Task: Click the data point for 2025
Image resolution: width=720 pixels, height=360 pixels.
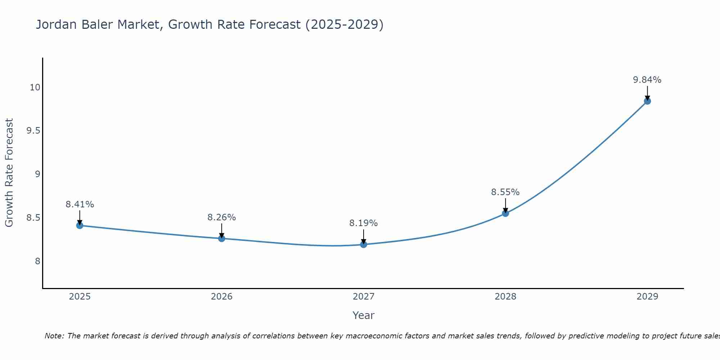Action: pyautogui.click(x=80, y=226)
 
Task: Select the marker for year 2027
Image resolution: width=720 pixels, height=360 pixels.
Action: pyautogui.click(x=364, y=245)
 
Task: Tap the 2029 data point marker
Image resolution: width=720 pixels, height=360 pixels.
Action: pyautogui.click(x=647, y=101)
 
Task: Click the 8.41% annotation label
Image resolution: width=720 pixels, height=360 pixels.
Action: pyautogui.click(x=80, y=204)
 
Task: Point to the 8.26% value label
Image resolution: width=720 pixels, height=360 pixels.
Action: pyautogui.click(x=221, y=217)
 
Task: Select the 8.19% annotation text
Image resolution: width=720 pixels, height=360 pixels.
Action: pyautogui.click(x=364, y=223)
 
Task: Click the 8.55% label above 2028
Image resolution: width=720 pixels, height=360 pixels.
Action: pyautogui.click(x=505, y=192)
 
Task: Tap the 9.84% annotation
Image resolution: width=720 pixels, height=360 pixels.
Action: pyautogui.click(x=647, y=80)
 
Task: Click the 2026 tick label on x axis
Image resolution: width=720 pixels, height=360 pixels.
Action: pyautogui.click(x=221, y=297)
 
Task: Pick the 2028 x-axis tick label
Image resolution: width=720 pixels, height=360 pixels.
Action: pyautogui.click(x=505, y=297)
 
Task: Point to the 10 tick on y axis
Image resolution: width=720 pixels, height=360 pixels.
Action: pyautogui.click(x=35, y=87)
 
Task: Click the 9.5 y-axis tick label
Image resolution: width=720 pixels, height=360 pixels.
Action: pyautogui.click(x=33, y=131)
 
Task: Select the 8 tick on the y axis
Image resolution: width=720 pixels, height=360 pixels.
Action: pyautogui.click(x=37, y=261)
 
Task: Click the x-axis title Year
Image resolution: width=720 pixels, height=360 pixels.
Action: pyautogui.click(x=364, y=315)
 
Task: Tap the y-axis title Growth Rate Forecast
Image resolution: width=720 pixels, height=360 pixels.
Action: pyautogui.click(x=9, y=173)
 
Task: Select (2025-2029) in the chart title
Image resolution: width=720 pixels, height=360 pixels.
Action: pyautogui.click(x=345, y=24)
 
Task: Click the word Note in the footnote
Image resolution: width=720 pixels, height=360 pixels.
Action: pyautogui.click(x=54, y=336)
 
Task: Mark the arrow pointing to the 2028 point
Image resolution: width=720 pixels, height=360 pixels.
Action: pyautogui.click(x=505, y=206)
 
